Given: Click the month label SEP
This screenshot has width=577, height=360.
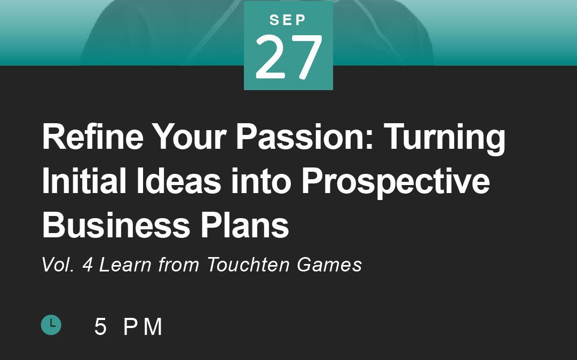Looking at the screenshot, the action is point(288,20).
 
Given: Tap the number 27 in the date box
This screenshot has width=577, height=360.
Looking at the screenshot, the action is point(288,57).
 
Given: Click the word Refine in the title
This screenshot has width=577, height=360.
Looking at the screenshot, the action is point(93,136).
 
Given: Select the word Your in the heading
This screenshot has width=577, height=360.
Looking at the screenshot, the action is point(189,136).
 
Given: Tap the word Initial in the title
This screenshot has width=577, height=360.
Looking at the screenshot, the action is point(84,181).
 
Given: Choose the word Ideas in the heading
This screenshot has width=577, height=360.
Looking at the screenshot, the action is point(178,181).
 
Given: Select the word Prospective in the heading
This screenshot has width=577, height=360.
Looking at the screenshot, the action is point(396,183).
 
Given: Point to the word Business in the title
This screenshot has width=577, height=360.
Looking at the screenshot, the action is point(116,225).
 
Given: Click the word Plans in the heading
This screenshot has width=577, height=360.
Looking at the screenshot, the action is point(244,225).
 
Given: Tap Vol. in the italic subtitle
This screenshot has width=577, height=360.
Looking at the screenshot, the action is point(58,265).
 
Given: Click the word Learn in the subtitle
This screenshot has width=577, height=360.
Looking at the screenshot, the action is point(125,265).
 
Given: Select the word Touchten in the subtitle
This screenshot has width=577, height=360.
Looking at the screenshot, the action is point(248,265).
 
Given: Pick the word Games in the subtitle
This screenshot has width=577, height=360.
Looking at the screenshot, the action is point(329,265).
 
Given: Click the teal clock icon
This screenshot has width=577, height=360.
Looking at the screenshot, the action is point(51,325).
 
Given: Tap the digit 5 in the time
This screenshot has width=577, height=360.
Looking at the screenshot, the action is point(100,326).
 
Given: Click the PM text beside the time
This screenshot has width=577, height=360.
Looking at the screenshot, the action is point(143,326).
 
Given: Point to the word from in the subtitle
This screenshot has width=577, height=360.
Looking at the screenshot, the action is point(179,265).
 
